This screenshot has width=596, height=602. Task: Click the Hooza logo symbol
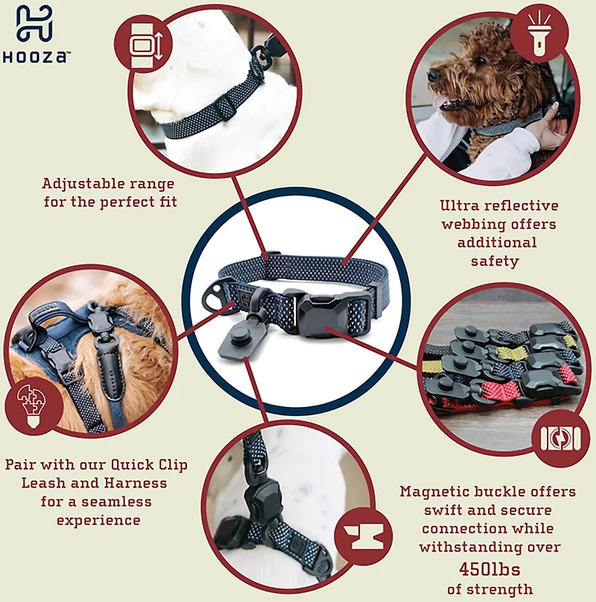pyautogui.click(x=34, y=23)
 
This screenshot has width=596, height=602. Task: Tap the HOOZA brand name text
pyautogui.click(x=36, y=57)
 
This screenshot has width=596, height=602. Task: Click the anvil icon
pyautogui.click(x=364, y=537)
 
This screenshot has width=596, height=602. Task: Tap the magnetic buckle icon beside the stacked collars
pyautogui.click(x=561, y=438)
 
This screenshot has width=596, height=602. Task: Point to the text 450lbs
pyautogui.click(x=489, y=569)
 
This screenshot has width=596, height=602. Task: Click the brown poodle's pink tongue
pyautogui.click(x=440, y=102)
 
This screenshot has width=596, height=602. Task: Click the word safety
pyautogui.click(x=495, y=262)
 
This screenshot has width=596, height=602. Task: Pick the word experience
pyautogui.click(x=98, y=521)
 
